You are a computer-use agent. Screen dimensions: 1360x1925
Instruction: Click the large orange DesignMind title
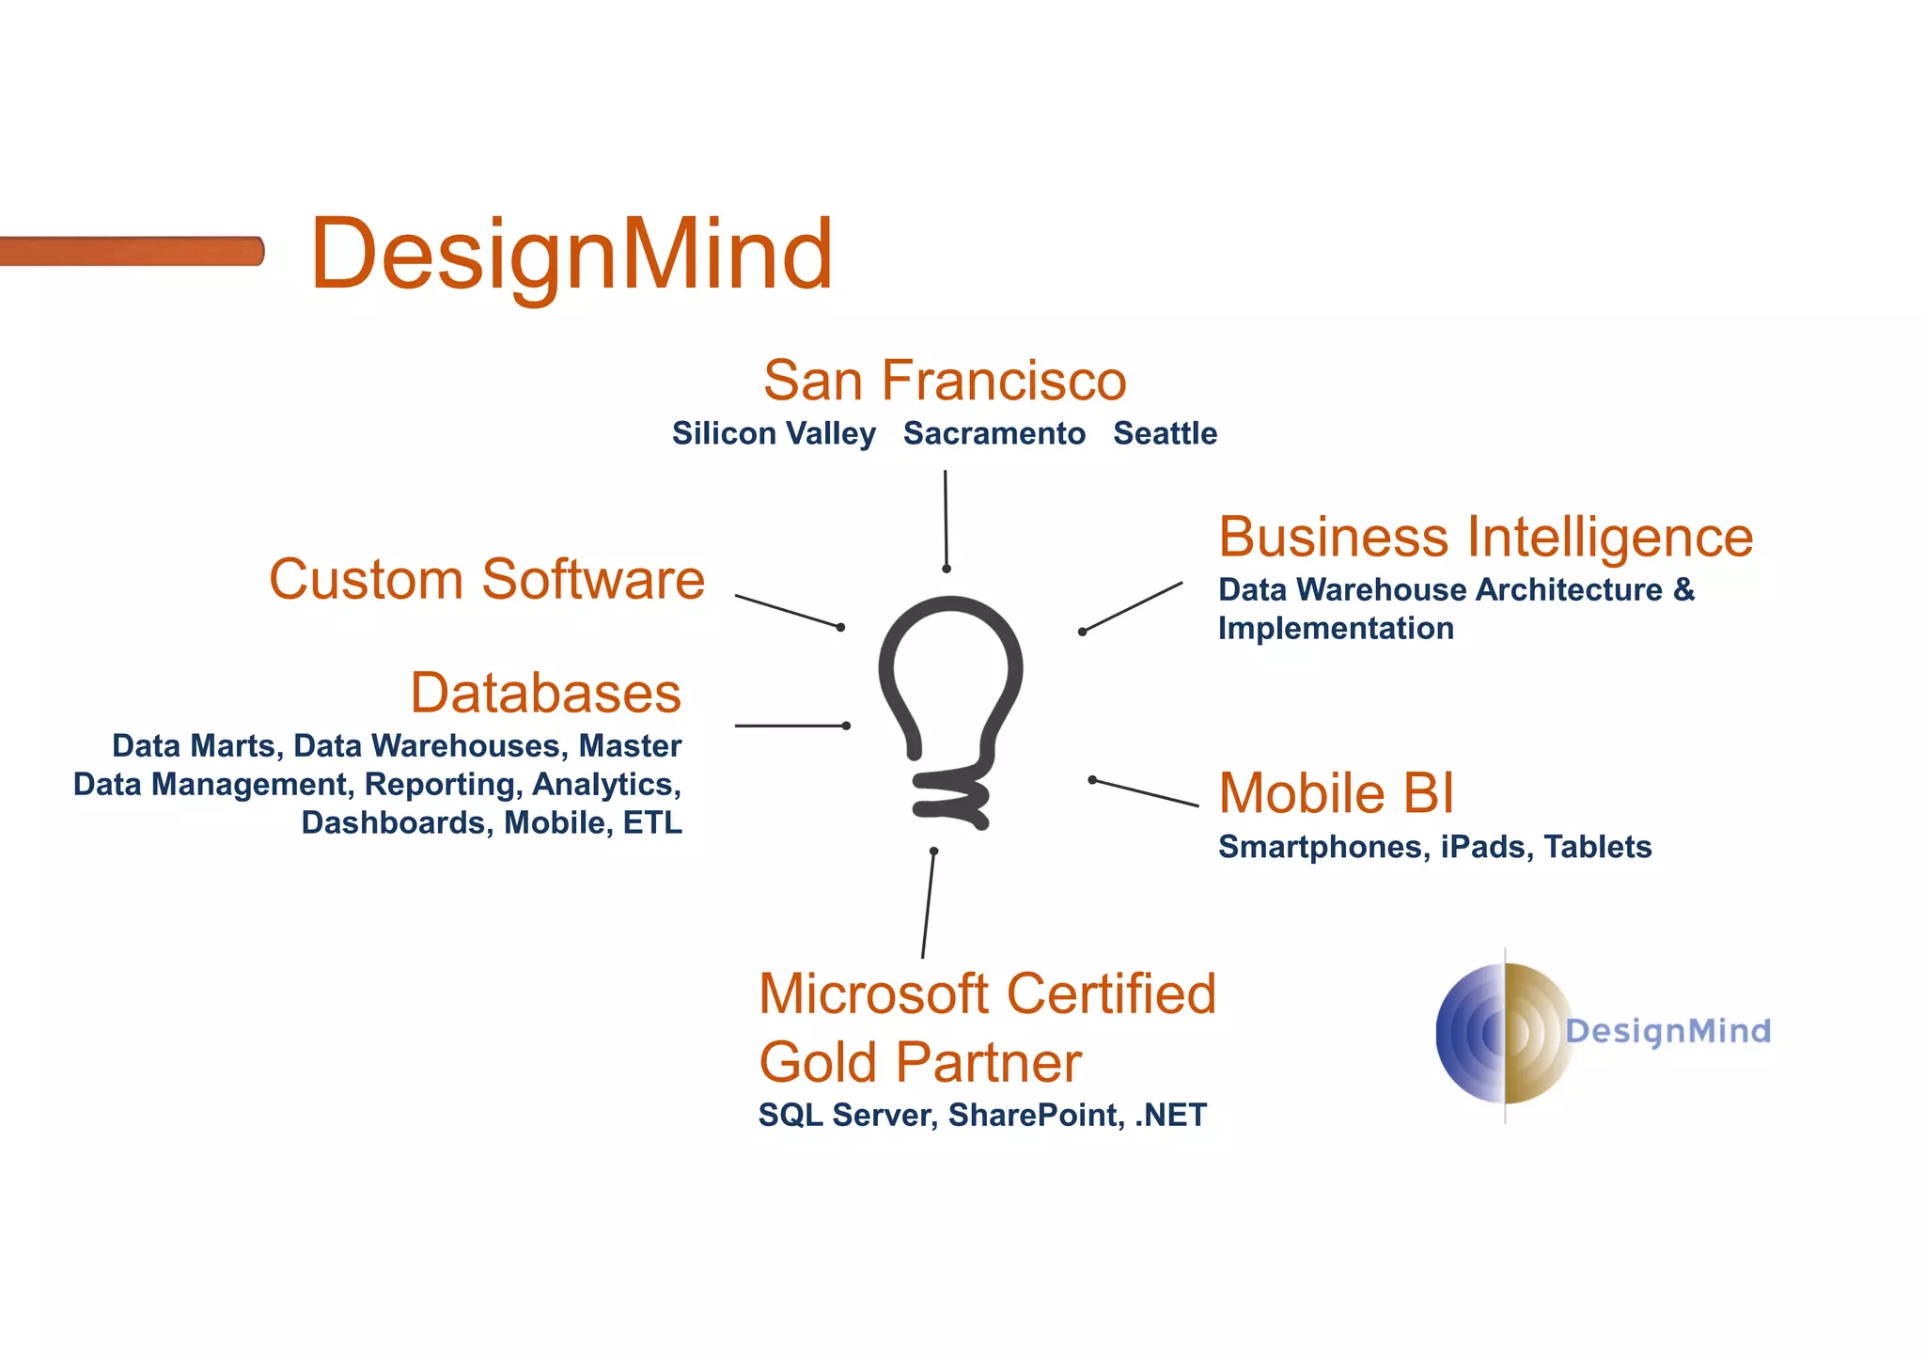pyautogui.click(x=571, y=254)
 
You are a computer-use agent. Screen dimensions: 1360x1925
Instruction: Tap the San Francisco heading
pyautogui.click(x=945, y=381)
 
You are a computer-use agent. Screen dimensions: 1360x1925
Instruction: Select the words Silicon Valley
pyautogui.click(x=774, y=433)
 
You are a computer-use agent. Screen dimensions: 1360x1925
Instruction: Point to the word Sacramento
pyautogui.click(x=994, y=433)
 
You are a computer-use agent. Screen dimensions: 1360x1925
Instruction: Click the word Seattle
pyautogui.click(x=1165, y=433)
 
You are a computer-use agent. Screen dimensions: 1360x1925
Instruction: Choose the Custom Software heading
pyautogui.click(x=487, y=579)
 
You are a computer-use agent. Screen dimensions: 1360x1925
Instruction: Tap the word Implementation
pyautogui.click(x=1336, y=628)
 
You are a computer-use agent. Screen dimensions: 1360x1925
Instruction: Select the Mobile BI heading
pyautogui.click(x=1336, y=792)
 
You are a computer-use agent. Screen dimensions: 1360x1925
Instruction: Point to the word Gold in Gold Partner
pyautogui.click(x=818, y=1062)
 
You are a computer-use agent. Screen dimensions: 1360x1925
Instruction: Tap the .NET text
pyautogui.click(x=1171, y=1115)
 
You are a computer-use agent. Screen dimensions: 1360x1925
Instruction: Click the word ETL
pyautogui.click(x=652, y=822)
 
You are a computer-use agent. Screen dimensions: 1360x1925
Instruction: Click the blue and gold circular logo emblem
pyautogui.click(x=1504, y=1033)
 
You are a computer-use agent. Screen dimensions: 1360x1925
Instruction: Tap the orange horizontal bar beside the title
pyautogui.click(x=132, y=251)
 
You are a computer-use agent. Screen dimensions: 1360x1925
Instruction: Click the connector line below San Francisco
pyautogui.click(x=946, y=520)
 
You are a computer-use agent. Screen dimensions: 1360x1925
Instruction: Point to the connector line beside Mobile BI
pyautogui.click(x=1145, y=792)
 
